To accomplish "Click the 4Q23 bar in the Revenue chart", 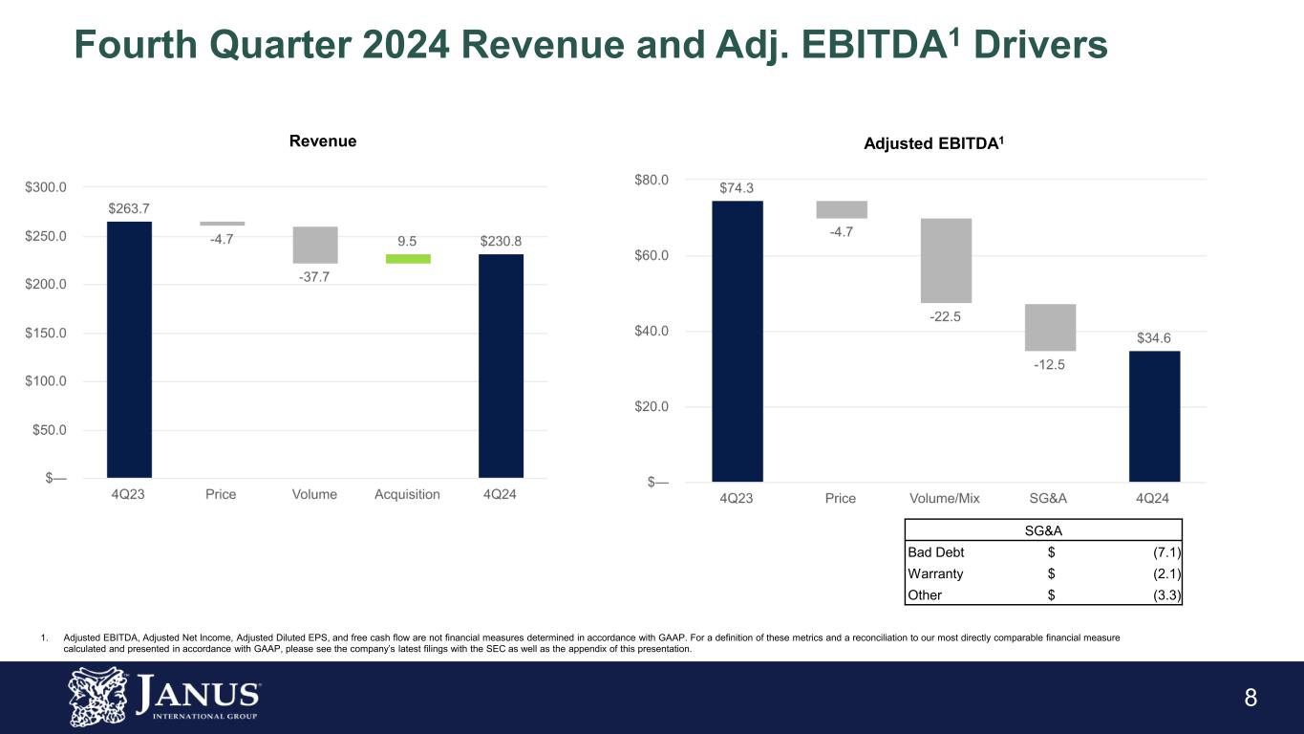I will [x=129, y=349].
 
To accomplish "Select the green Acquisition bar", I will [x=408, y=258].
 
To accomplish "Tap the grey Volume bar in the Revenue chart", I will [x=315, y=245].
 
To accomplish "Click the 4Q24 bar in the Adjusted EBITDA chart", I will [x=1154, y=416].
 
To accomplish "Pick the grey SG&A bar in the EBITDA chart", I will [x=1050, y=327].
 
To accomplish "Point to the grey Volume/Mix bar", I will [x=946, y=260].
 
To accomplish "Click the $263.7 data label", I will [x=129, y=207].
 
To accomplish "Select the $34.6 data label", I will [x=1154, y=338].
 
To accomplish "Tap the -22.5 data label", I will [x=946, y=317].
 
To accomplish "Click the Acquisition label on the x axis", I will [x=407, y=494].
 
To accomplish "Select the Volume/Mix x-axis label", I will [x=945, y=498].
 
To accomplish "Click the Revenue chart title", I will [x=323, y=141].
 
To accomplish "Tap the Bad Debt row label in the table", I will [x=936, y=552].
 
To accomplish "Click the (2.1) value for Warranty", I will [x=1166, y=573].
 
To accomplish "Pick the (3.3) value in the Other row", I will [x=1166, y=594].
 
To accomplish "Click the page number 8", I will [x=1251, y=698].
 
